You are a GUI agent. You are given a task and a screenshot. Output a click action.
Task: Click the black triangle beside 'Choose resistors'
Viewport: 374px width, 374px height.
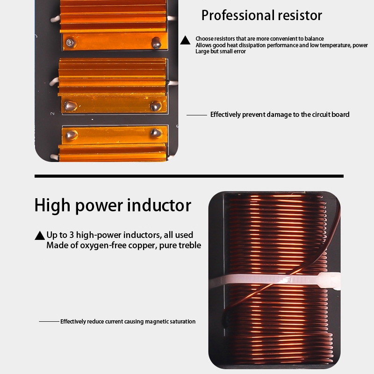pyautogui.click(x=186, y=41)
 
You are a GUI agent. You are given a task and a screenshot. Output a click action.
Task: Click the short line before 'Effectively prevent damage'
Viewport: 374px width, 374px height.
pyautogui.click(x=196, y=115)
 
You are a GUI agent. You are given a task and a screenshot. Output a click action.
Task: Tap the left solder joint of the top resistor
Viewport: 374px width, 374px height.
pyautogui.click(x=70, y=43)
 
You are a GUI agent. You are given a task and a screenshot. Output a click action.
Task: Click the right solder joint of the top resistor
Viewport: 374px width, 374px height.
pyautogui.click(x=156, y=43)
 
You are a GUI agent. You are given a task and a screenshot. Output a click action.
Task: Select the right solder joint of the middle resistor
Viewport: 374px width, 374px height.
pyautogui.click(x=155, y=106)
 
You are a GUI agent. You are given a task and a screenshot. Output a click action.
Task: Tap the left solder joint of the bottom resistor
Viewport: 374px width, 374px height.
pyautogui.click(x=71, y=135)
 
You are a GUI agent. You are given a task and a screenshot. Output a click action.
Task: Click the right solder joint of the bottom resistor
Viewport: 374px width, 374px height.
pyautogui.click(x=156, y=134)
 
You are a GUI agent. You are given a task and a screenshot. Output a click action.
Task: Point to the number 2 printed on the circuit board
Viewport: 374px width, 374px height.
pyautogui.click(x=52, y=114)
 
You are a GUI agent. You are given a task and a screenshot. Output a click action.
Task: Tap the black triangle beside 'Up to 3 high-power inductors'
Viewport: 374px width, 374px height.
pyautogui.click(x=40, y=236)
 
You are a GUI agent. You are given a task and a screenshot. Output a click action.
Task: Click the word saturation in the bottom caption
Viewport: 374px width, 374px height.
pyautogui.click(x=181, y=322)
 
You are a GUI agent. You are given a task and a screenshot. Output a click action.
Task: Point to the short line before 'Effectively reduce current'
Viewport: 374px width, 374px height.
pyautogui.click(x=49, y=322)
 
